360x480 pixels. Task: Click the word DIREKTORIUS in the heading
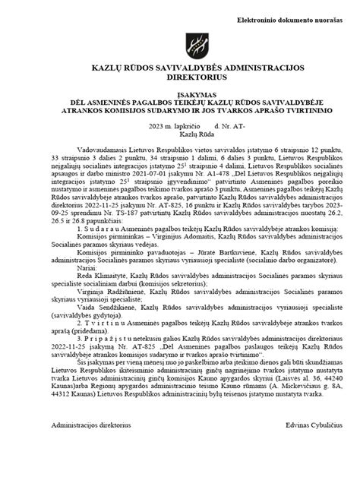click(x=179, y=77)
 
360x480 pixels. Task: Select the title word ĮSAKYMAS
click(x=179, y=95)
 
